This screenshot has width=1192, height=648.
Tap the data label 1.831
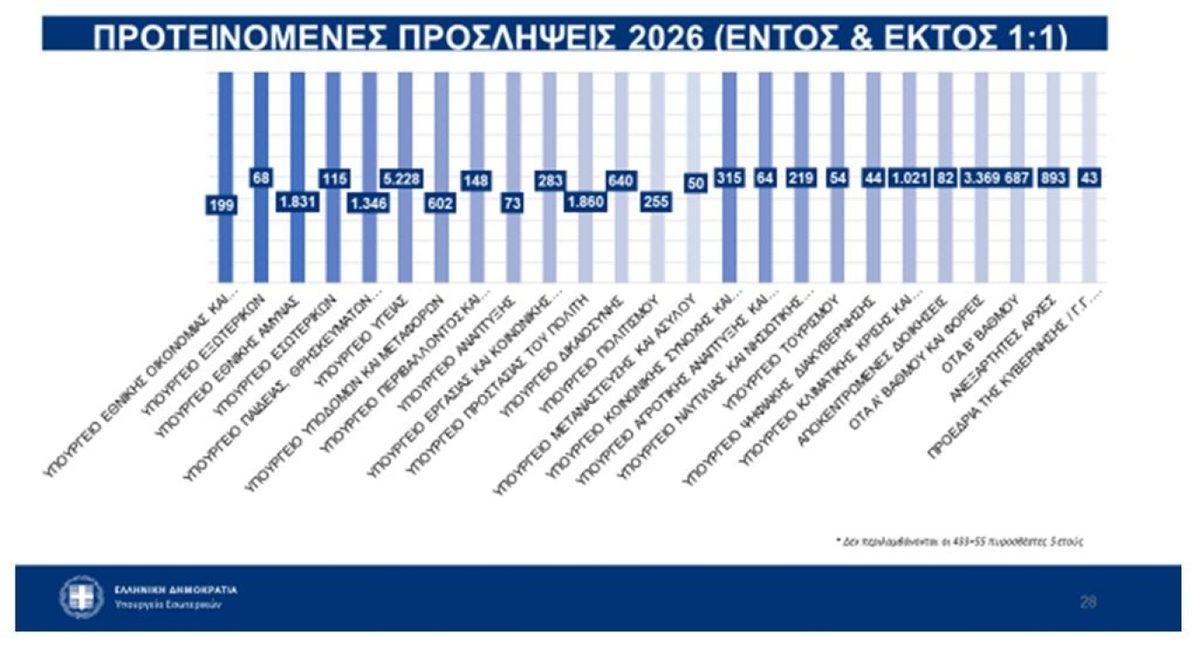[x=296, y=201]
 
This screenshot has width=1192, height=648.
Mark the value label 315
[x=728, y=178]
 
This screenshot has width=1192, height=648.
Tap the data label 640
[x=621, y=178]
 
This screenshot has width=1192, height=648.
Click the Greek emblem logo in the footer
[x=82, y=596]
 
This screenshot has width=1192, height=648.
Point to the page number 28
[x=1088, y=602]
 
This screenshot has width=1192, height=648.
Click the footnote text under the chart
[x=959, y=541]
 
